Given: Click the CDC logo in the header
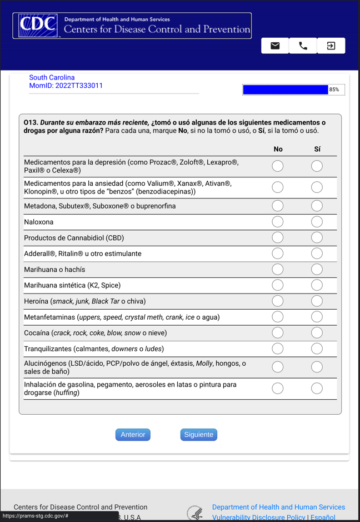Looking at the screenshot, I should tap(38, 26).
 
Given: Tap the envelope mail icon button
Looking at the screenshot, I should tap(275, 46).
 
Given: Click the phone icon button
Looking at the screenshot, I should tap(303, 46).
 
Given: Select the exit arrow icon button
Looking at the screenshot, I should tap(331, 46).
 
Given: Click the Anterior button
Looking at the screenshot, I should tap(133, 435).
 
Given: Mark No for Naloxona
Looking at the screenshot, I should tap(278, 222).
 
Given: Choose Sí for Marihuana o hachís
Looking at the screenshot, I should tap(317, 270).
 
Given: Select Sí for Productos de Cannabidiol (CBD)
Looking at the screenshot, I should tap(317, 238).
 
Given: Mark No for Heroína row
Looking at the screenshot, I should tap(278, 301).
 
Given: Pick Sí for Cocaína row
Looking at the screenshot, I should tap(317, 333).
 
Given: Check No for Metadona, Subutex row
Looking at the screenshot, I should tap(278, 206).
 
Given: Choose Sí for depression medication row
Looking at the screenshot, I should tap(317, 166).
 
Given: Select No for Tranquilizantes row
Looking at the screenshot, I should tap(278, 349).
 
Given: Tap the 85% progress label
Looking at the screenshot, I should tap(334, 90).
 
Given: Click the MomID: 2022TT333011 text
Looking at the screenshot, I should tap(66, 86).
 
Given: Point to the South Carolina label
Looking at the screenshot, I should tap(52, 77).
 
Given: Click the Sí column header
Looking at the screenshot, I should tap(317, 149).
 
